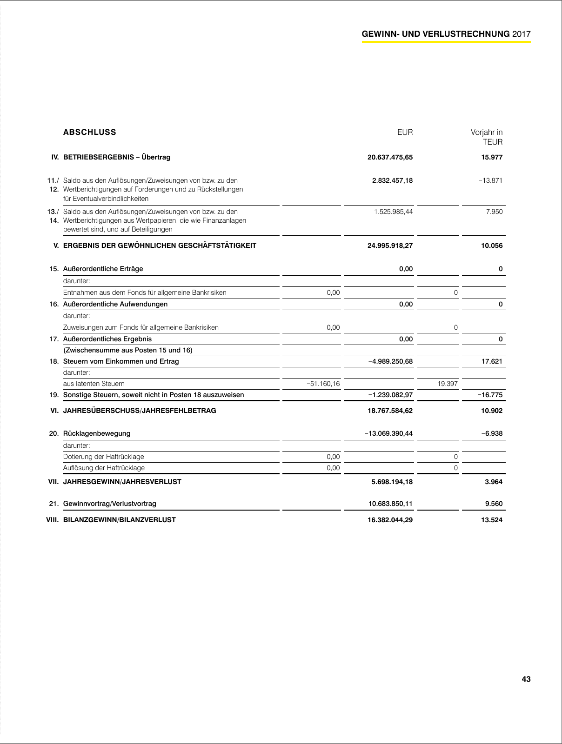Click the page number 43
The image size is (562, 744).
[526, 679]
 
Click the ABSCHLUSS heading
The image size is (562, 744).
[90, 132]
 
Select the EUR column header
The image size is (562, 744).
[405, 132]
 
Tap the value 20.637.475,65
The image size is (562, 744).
[390, 157]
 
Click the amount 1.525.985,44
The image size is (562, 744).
[393, 212]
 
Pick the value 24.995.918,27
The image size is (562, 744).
[390, 246]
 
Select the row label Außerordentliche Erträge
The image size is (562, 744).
[103, 269]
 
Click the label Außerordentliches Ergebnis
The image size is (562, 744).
[107, 339]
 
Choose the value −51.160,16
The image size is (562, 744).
[323, 384]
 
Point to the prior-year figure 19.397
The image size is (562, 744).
[448, 384]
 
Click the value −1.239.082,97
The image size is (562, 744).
[390, 395]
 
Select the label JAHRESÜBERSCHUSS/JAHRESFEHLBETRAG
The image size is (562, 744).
[140, 411]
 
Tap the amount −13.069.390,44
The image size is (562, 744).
[388, 433]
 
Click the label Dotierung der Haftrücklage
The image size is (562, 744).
[104, 457]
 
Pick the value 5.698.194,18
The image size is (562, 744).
[392, 482]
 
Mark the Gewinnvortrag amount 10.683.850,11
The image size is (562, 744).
[390, 504]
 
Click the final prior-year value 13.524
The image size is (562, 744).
[492, 520]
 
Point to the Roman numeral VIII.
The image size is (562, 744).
[53, 520]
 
